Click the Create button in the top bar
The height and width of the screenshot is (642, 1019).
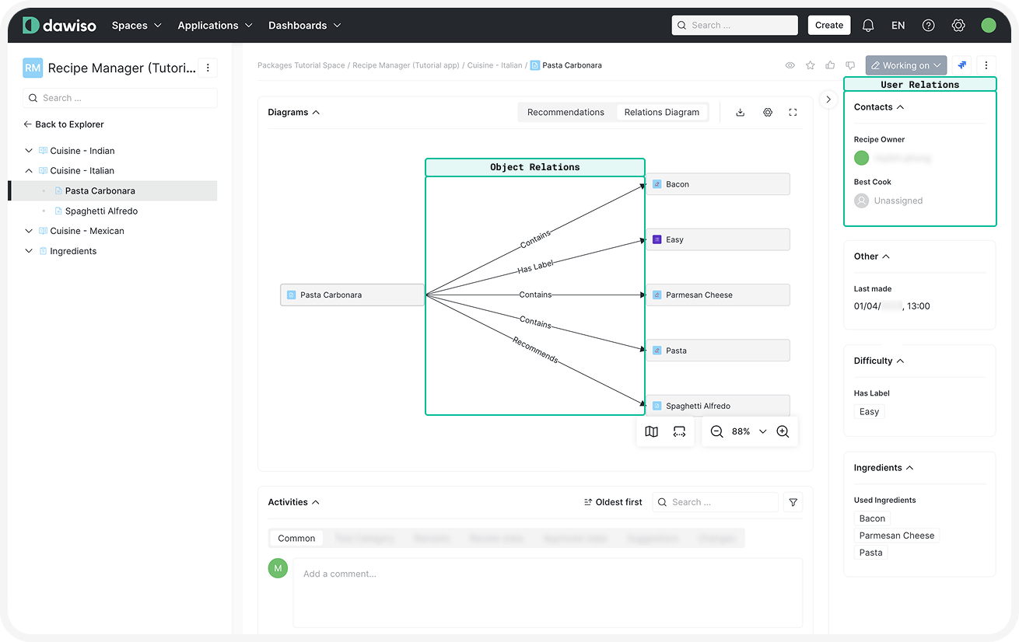[x=828, y=25]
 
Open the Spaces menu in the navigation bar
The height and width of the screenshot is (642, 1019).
[x=136, y=26]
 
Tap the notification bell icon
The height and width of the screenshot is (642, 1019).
[x=868, y=25]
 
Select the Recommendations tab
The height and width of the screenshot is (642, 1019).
[x=566, y=112]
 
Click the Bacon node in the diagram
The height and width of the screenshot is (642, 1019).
[x=717, y=184]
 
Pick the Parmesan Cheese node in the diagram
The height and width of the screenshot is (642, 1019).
[x=717, y=295]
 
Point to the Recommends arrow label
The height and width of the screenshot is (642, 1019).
[x=535, y=350]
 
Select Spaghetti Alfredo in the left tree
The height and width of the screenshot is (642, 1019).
[x=101, y=211]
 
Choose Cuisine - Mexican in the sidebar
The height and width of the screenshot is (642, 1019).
[x=86, y=231]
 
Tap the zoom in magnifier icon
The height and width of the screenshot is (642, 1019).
[x=783, y=431]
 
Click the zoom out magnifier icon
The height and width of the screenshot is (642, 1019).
[x=716, y=431]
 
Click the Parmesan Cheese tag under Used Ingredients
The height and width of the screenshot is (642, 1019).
[x=896, y=536]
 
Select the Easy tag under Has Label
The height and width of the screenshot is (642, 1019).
[x=869, y=412]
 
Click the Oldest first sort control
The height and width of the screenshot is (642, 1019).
[x=613, y=502]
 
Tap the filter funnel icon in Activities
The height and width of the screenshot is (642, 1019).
[x=793, y=502]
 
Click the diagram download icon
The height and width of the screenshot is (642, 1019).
[x=740, y=112]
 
